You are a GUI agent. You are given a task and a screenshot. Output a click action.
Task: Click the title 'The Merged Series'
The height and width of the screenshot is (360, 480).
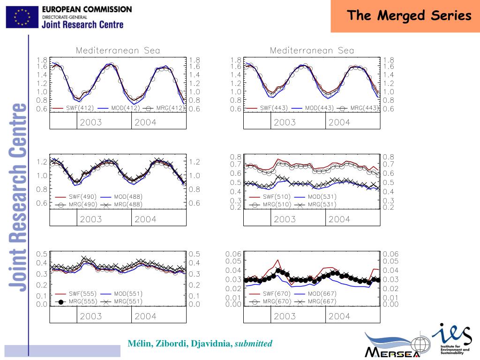[x=409, y=16]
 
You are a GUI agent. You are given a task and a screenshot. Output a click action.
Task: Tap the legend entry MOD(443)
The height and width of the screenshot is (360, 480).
[x=319, y=108]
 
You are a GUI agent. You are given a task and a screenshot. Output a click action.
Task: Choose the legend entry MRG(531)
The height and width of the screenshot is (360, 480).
[x=322, y=204]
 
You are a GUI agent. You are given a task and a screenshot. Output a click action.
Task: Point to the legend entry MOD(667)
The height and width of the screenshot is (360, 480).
[x=322, y=294]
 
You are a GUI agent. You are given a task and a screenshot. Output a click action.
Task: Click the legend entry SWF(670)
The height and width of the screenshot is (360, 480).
[x=276, y=294]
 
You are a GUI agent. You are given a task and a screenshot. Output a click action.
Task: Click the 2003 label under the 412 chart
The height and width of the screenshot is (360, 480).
[x=90, y=123]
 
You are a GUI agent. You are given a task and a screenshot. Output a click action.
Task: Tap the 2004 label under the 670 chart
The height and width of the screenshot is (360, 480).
[x=339, y=316]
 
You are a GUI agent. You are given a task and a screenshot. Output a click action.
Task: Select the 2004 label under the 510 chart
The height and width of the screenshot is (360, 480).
[x=339, y=219]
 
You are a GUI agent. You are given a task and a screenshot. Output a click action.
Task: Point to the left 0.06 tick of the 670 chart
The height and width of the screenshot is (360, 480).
[x=233, y=254]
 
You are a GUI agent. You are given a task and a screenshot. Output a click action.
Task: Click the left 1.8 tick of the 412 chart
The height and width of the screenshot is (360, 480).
[x=42, y=60]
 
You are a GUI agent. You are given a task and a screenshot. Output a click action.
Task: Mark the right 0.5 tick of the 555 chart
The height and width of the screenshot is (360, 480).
[x=194, y=254]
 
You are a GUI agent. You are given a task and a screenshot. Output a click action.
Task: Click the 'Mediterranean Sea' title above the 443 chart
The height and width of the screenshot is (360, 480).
[x=312, y=51]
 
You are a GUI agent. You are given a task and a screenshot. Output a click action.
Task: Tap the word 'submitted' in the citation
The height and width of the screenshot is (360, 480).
[x=254, y=344]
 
